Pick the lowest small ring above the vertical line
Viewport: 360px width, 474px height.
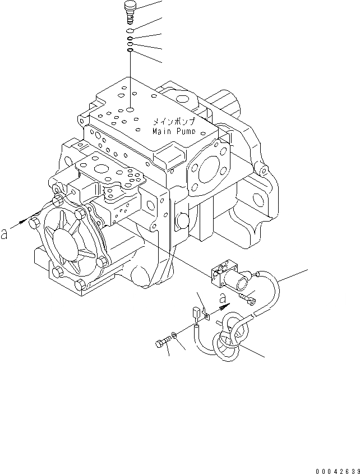click(x=130, y=50)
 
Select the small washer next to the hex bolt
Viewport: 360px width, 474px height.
click(x=176, y=336)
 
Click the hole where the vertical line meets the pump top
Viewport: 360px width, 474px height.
click(x=130, y=110)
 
